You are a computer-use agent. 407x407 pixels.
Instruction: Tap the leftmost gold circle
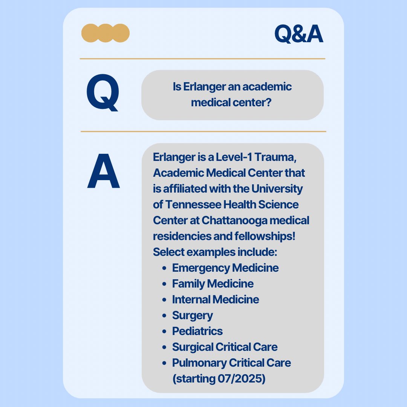coord(90,33)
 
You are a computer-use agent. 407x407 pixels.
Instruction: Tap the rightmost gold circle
coord(121,33)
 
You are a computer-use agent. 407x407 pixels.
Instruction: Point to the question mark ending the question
coord(269,102)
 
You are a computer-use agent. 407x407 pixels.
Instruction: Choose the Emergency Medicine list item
coord(225,268)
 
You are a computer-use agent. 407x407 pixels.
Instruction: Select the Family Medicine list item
coord(213,284)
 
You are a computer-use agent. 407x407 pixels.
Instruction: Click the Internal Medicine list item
coord(216,300)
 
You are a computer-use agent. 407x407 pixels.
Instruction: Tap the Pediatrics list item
coord(197,331)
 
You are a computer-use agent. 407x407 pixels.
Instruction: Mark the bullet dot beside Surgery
coord(164,316)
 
